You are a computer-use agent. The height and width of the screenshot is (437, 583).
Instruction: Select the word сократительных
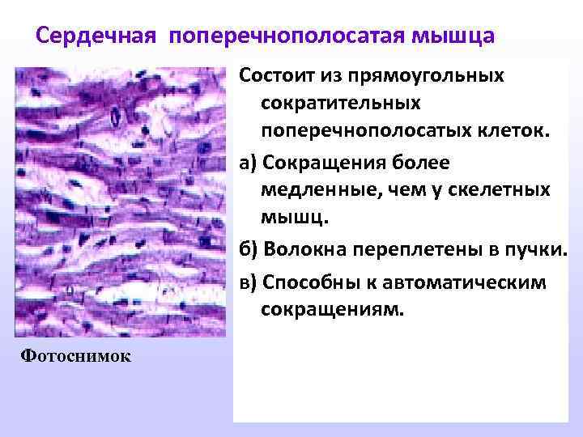(341, 104)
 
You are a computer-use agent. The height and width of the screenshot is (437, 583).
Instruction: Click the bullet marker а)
(248, 163)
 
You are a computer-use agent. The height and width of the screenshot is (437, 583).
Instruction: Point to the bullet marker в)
(248, 281)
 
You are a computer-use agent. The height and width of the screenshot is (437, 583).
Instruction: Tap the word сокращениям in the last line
(331, 309)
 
